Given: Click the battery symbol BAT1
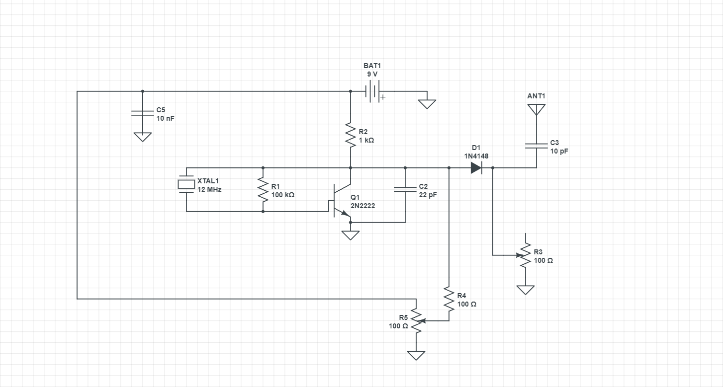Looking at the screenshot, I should (x=372, y=91).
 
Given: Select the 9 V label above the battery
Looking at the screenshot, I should (x=372, y=74).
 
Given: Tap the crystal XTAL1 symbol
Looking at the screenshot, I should (x=186, y=184).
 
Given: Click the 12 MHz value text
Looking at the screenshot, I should (x=209, y=189).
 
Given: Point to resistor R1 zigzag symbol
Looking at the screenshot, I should (x=263, y=189).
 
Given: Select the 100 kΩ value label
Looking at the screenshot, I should (x=283, y=195).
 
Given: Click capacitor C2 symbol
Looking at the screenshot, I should (x=405, y=189).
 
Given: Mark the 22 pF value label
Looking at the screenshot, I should (x=428, y=195).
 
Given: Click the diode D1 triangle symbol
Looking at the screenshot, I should (x=476, y=168).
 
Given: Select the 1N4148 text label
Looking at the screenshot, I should (x=476, y=156).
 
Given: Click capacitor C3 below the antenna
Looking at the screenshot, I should (x=537, y=146).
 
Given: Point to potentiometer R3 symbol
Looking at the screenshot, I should (x=525, y=255).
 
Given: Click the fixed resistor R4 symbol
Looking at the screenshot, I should (x=449, y=299).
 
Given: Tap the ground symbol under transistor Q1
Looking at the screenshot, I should (x=351, y=235).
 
